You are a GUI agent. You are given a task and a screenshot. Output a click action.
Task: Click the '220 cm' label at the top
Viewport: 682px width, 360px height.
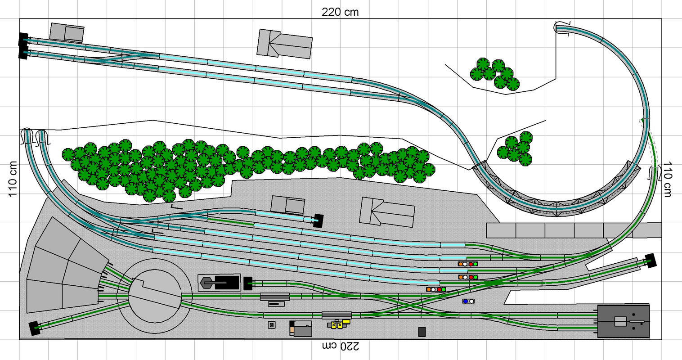[x=340, y=12]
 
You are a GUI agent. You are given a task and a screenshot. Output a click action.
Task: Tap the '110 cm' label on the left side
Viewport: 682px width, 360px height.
[x=13, y=179]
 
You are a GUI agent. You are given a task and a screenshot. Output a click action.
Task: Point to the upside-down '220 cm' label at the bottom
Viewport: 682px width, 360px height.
[x=341, y=346]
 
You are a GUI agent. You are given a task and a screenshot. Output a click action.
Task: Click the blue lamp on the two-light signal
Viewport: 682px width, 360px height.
[x=465, y=301]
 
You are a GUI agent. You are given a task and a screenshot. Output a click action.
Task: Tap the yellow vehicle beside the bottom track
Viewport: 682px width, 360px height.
[x=339, y=324]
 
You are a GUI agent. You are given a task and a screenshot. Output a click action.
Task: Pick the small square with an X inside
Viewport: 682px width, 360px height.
[x=272, y=325]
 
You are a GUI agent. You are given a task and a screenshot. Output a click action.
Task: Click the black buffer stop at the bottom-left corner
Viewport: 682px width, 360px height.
[x=34, y=328]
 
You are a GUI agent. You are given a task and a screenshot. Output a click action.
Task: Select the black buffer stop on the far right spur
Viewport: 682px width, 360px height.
[x=651, y=261]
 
